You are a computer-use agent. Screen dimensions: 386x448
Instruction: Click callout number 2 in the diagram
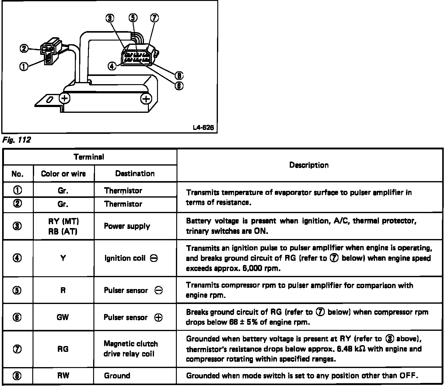point(24,48)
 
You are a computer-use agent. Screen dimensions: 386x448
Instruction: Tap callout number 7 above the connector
point(154,18)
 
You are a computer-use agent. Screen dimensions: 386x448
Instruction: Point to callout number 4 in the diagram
point(112,66)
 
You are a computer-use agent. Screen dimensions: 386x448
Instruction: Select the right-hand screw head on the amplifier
point(146,99)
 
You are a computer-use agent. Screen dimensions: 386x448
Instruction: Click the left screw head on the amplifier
point(64,98)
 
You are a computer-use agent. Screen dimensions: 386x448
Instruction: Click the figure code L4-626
point(203,128)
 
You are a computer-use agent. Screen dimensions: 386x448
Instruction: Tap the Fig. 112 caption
point(16,140)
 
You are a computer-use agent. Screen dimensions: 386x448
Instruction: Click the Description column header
point(309,165)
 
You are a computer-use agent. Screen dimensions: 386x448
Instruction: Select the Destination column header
point(135,173)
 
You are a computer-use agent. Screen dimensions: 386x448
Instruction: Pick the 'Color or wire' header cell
point(63,174)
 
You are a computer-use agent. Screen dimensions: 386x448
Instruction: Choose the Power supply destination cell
point(127,226)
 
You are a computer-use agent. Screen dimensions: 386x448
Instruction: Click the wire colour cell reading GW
point(63,317)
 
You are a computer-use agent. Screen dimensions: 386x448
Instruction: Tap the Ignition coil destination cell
point(131,258)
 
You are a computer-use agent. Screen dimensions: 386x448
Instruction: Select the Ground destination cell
point(117,376)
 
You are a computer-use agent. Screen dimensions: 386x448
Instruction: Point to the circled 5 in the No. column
point(17,290)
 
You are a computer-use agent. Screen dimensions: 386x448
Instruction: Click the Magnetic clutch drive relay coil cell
point(131,349)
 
